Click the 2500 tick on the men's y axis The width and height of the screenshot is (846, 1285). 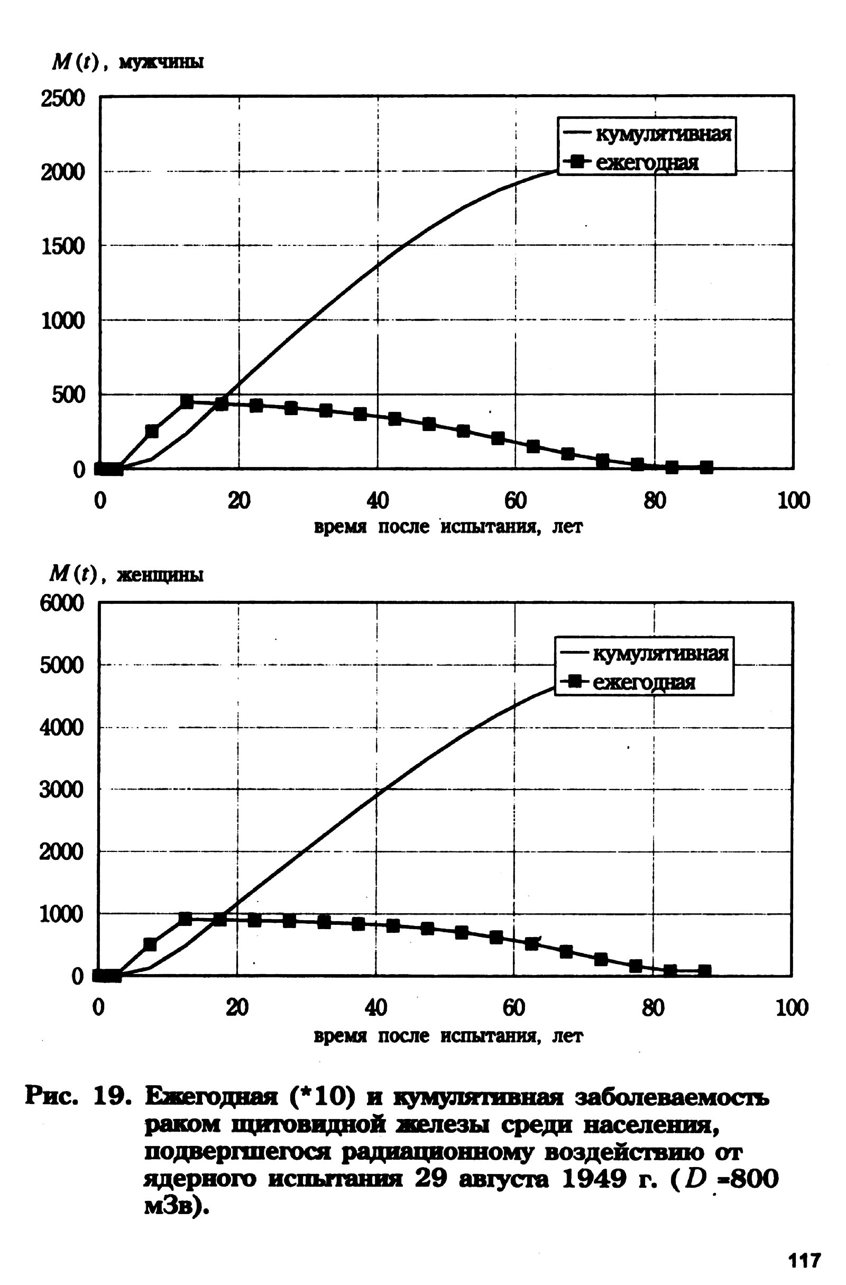click(x=62, y=99)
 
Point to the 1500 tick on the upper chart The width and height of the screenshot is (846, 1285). click(x=62, y=247)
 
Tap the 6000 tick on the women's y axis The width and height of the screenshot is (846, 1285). click(x=61, y=603)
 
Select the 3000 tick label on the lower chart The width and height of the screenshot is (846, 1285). click(x=61, y=790)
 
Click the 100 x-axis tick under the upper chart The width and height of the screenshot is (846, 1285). click(x=793, y=501)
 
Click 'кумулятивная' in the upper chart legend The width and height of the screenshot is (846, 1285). click(x=663, y=134)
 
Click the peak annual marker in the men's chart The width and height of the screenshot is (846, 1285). click(x=187, y=401)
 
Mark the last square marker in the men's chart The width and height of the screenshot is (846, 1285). click(x=706, y=467)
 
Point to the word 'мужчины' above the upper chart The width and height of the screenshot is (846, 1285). click(x=161, y=63)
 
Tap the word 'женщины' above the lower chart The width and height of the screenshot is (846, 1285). click(x=160, y=575)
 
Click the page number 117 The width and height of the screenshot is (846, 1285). click(x=804, y=1260)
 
